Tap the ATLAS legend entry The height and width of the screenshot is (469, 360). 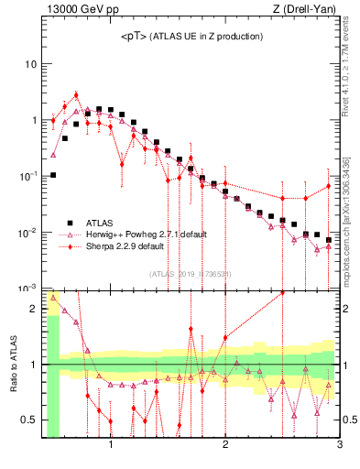pyautogui.click(x=100, y=222)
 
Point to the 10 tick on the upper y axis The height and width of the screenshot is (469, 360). pyautogui.click(x=30, y=65)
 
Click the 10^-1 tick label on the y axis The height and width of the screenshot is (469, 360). pyautogui.click(x=27, y=177)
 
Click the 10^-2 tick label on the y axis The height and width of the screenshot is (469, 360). pyautogui.click(x=27, y=233)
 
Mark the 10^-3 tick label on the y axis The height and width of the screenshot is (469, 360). pyautogui.click(x=27, y=289)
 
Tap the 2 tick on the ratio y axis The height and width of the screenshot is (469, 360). pyautogui.click(x=35, y=309)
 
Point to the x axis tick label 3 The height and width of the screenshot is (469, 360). pyautogui.click(x=339, y=446)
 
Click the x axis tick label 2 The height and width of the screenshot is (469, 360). pyautogui.click(x=225, y=446)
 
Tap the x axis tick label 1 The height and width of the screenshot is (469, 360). pyautogui.click(x=111, y=446)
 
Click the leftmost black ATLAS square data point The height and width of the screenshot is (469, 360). pyautogui.click(x=53, y=175)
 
